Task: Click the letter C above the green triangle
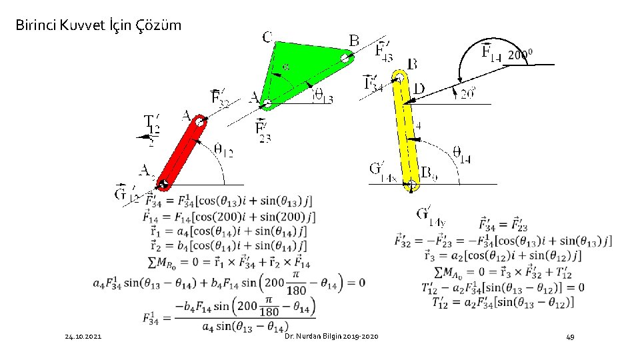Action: click(x=267, y=37)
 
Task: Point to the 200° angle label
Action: click(x=520, y=55)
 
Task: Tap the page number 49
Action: click(x=570, y=337)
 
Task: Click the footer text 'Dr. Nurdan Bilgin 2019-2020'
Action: click(x=331, y=337)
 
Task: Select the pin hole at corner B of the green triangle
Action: click(x=345, y=58)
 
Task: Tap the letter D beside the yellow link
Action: click(x=419, y=87)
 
